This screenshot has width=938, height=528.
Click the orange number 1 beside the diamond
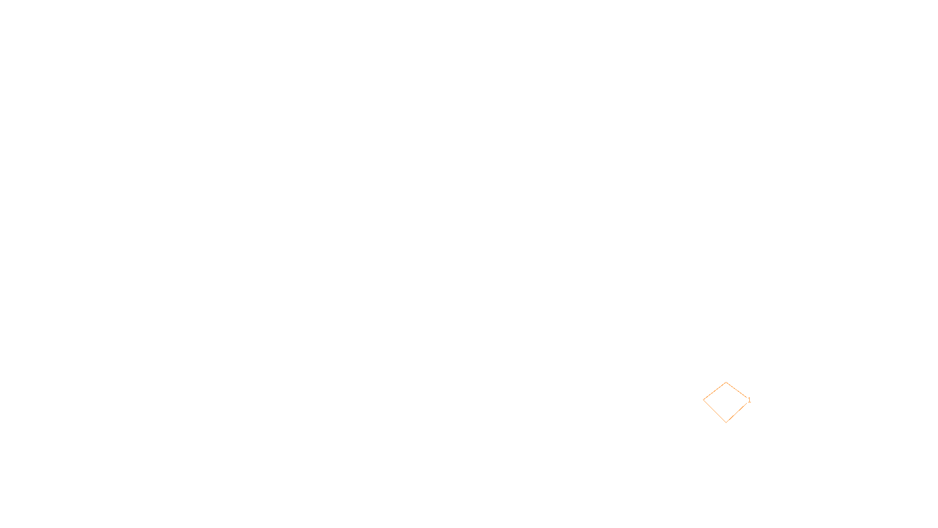pyautogui.click(x=749, y=400)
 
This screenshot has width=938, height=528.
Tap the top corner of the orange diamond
pyautogui.click(x=726, y=383)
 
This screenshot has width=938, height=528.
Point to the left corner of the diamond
pyautogui.click(x=704, y=401)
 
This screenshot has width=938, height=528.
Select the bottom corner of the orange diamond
pyautogui.click(x=726, y=422)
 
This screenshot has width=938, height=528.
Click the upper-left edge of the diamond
pyautogui.click(x=715, y=391)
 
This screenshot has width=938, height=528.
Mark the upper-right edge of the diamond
pyautogui.click(x=737, y=391)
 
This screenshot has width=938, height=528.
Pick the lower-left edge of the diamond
pyautogui.click(x=715, y=411)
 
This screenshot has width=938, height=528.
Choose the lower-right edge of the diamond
pyautogui.click(x=737, y=412)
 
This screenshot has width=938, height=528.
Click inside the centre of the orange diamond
pyautogui.click(x=726, y=402)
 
